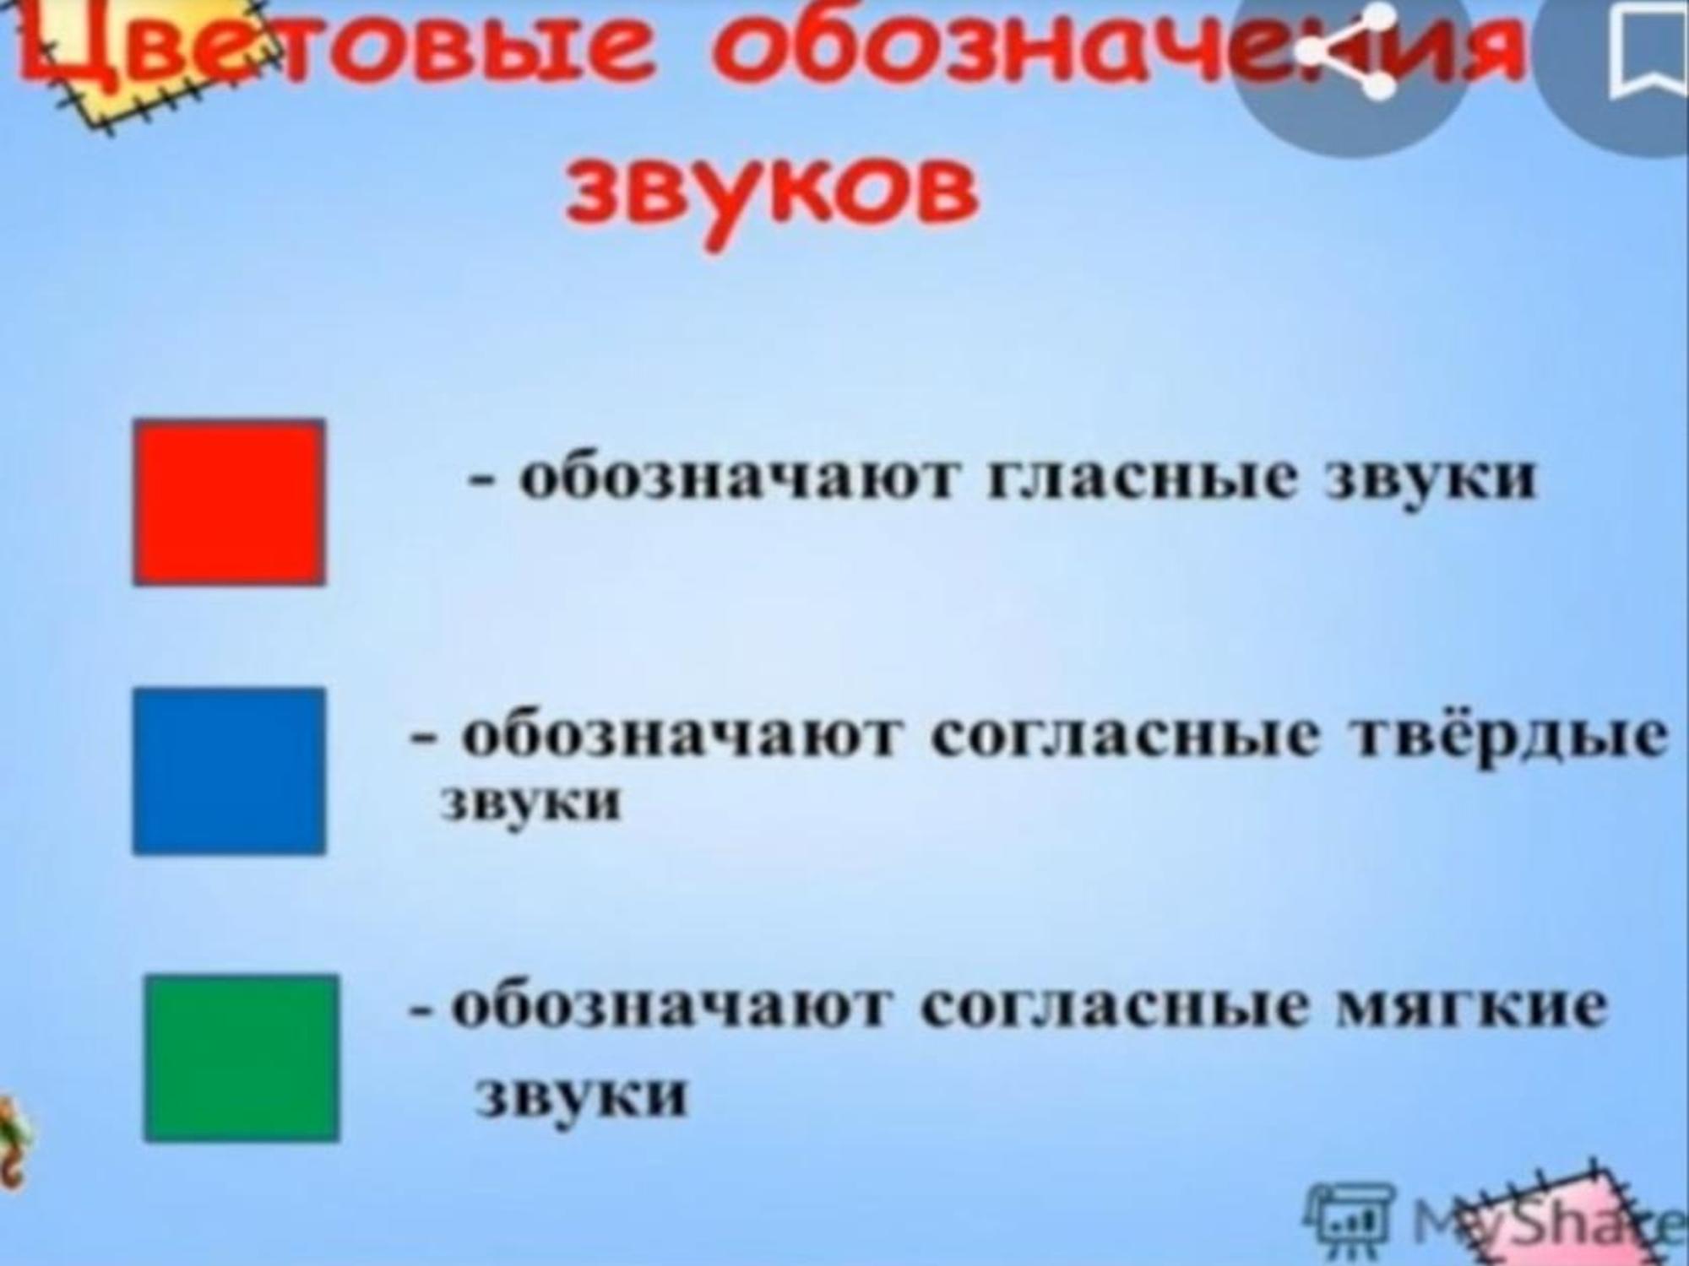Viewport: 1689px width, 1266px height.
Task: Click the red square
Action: click(229, 503)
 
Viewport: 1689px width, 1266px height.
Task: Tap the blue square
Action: click(229, 771)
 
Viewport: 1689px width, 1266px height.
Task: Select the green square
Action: click(242, 1058)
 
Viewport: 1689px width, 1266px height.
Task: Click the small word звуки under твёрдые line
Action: click(531, 801)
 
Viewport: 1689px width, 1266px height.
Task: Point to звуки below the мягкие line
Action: click(581, 1095)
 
